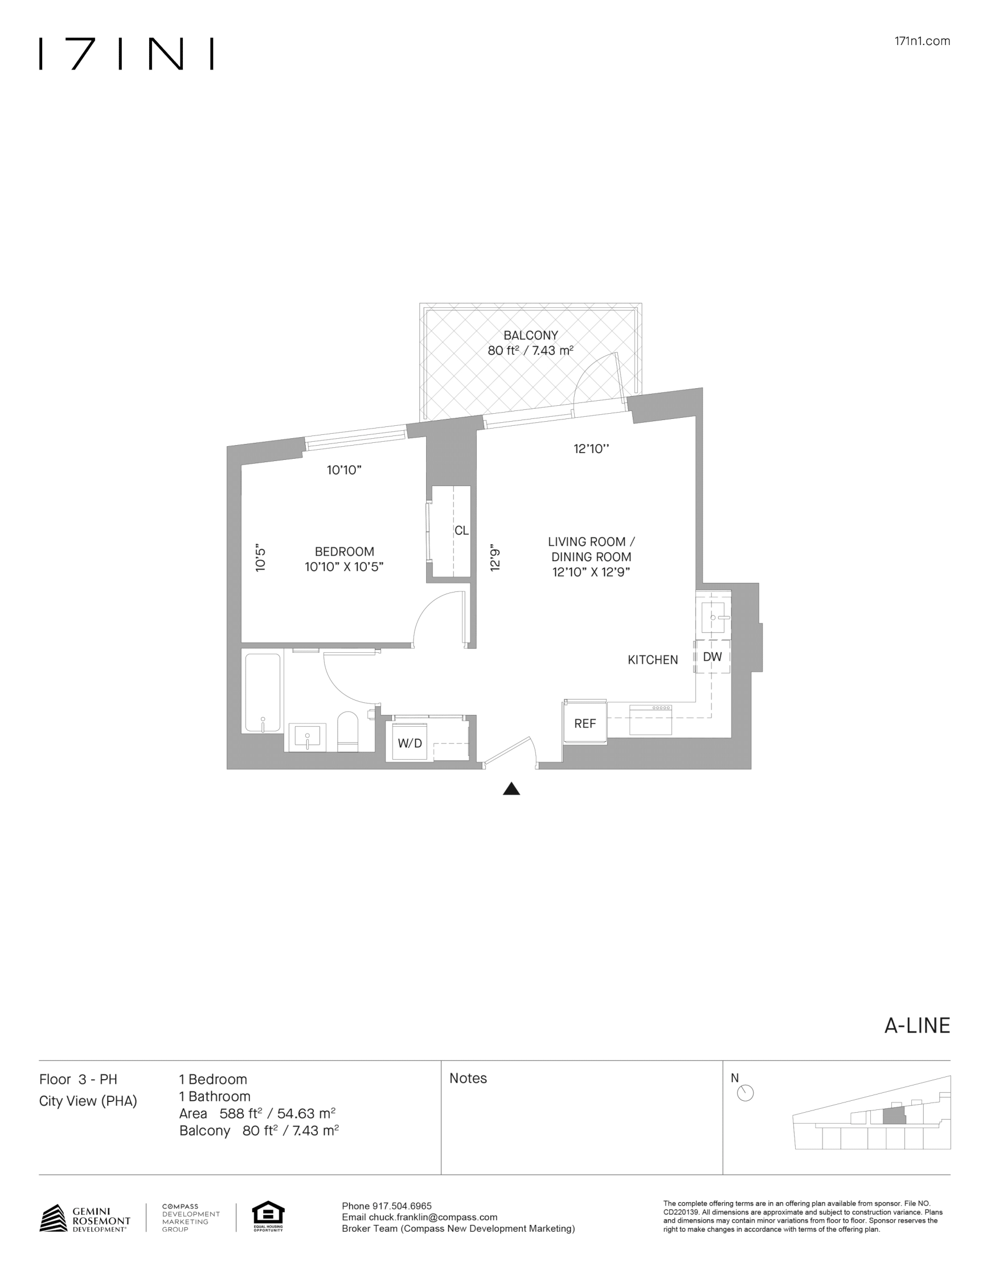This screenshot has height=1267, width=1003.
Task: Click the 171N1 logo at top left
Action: pos(126,54)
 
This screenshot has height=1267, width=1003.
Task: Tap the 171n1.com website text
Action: pos(922,41)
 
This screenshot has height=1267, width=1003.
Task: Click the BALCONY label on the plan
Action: pos(530,336)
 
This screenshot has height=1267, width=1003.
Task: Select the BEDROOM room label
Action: pos(344,552)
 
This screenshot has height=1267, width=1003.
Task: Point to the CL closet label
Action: pos(461,530)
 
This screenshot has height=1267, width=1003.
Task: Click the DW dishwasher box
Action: pos(713,657)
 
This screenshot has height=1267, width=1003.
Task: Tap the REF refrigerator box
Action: pos(585,723)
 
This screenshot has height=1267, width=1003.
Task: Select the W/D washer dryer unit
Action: pos(410,743)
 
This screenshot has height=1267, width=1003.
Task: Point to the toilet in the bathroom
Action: pos(347,732)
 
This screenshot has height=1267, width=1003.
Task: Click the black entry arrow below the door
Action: pos(511,789)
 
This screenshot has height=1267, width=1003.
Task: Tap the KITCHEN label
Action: pos(652,660)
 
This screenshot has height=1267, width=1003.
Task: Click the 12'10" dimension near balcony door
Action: pos(591,449)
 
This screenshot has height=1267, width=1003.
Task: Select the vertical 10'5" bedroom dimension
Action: pos(261,560)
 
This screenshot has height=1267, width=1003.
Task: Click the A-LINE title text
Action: pos(916,1025)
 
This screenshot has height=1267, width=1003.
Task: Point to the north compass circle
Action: pos(744,1093)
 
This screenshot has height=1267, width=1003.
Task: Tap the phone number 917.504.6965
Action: pos(402,1206)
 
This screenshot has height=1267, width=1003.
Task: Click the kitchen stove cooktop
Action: pos(650,719)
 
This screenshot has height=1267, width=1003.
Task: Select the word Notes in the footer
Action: pos(468,1078)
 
